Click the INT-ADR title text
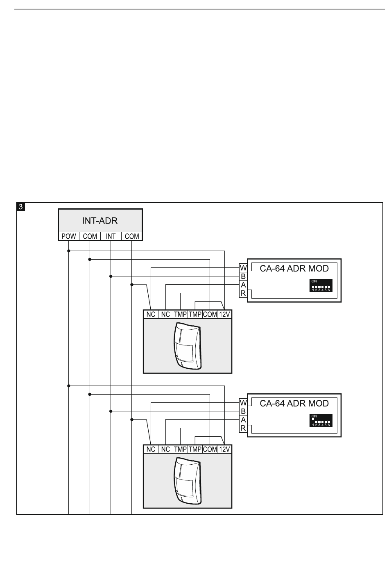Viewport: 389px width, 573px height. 100,221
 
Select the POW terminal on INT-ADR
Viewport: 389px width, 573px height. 69,236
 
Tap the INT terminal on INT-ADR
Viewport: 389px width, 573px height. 111,236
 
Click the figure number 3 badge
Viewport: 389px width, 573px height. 21,207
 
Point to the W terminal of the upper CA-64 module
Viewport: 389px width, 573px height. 243,268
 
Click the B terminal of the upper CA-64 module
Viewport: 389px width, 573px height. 243,276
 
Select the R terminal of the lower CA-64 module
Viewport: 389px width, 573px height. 243,428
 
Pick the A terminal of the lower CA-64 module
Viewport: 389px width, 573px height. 243,420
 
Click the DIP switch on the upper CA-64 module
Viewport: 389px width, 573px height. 321,285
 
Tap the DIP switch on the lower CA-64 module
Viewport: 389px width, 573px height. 321,420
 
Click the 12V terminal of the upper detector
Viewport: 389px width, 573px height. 224,314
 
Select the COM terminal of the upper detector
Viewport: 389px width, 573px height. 210,314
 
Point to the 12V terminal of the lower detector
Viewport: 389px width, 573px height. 224,449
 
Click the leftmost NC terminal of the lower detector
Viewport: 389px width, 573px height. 151,449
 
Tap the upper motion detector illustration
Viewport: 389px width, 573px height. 188,346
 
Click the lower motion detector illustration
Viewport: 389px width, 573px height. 188,481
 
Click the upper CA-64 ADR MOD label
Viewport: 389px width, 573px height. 294,268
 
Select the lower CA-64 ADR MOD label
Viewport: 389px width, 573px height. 294,404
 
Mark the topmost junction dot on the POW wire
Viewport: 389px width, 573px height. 69,251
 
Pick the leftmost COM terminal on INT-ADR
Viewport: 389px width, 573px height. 90,236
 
